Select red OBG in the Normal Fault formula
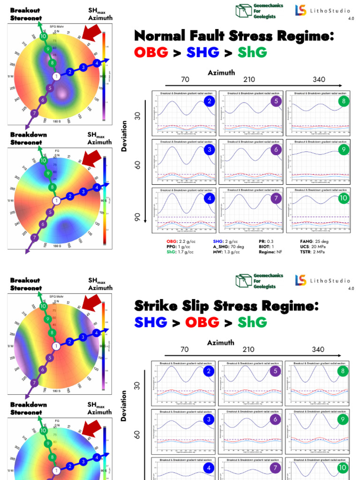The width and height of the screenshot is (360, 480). (x=151, y=52)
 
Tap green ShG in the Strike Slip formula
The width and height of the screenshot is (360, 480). (x=252, y=322)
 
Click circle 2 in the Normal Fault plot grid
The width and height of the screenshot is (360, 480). (x=210, y=101)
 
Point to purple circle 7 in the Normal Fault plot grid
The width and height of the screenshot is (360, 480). (x=277, y=198)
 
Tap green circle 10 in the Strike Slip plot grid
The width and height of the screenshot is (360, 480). (x=342, y=467)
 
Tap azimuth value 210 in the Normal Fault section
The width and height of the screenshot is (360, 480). (x=249, y=80)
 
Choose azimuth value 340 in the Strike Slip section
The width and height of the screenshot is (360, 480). (x=318, y=350)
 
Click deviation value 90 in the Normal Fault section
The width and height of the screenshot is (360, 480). (x=138, y=217)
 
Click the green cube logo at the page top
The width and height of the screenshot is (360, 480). (x=243, y=11)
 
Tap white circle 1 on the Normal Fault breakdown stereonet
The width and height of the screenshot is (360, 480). (x=56, y=201)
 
